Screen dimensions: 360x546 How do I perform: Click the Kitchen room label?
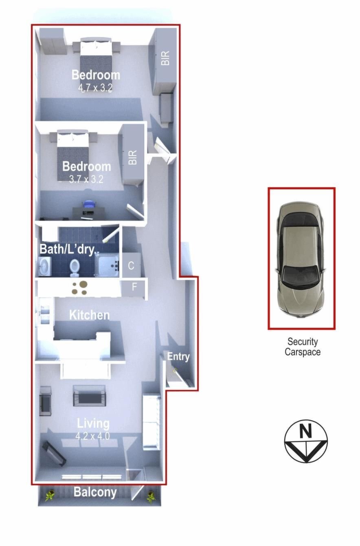[89, 315]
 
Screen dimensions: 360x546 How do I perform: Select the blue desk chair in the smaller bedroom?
[88, 204]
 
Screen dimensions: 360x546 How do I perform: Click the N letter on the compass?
[305, 431]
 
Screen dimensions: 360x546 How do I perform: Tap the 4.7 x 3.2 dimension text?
[95, 88]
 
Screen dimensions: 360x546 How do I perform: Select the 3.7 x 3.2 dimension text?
[86, 180]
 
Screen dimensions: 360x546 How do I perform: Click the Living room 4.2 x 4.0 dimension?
[92, 436]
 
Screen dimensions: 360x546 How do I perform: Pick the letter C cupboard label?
[131, 266]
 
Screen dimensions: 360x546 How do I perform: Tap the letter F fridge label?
[134, 287]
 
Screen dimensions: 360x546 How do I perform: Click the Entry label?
[178, 357]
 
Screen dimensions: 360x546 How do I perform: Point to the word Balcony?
[95, 492]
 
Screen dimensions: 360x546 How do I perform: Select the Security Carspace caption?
[303, 347]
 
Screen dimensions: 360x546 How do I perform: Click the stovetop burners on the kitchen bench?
[80, 288]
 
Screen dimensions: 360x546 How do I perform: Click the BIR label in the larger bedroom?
[165, 58]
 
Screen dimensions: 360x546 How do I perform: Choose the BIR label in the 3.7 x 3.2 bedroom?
[132, 157]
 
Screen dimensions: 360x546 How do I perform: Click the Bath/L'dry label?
[70, 249]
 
